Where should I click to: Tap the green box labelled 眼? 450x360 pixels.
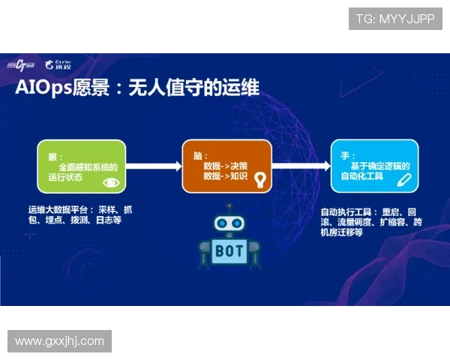coord(82,165)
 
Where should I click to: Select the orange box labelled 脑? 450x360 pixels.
coord(226,165)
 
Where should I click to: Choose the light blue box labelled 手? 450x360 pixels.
coord(373,165)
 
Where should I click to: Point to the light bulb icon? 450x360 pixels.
coord(260,179)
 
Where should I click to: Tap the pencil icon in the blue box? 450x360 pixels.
coord(404,179)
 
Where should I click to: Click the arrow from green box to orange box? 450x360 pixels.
coord(154,165)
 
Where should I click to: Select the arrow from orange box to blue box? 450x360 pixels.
coord(301,165)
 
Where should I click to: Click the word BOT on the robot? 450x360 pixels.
coord(229,250)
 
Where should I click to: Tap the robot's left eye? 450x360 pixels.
coord(221,223)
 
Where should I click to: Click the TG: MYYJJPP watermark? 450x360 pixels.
coord(395,19)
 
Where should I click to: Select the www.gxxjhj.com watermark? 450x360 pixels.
coord(60,341)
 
